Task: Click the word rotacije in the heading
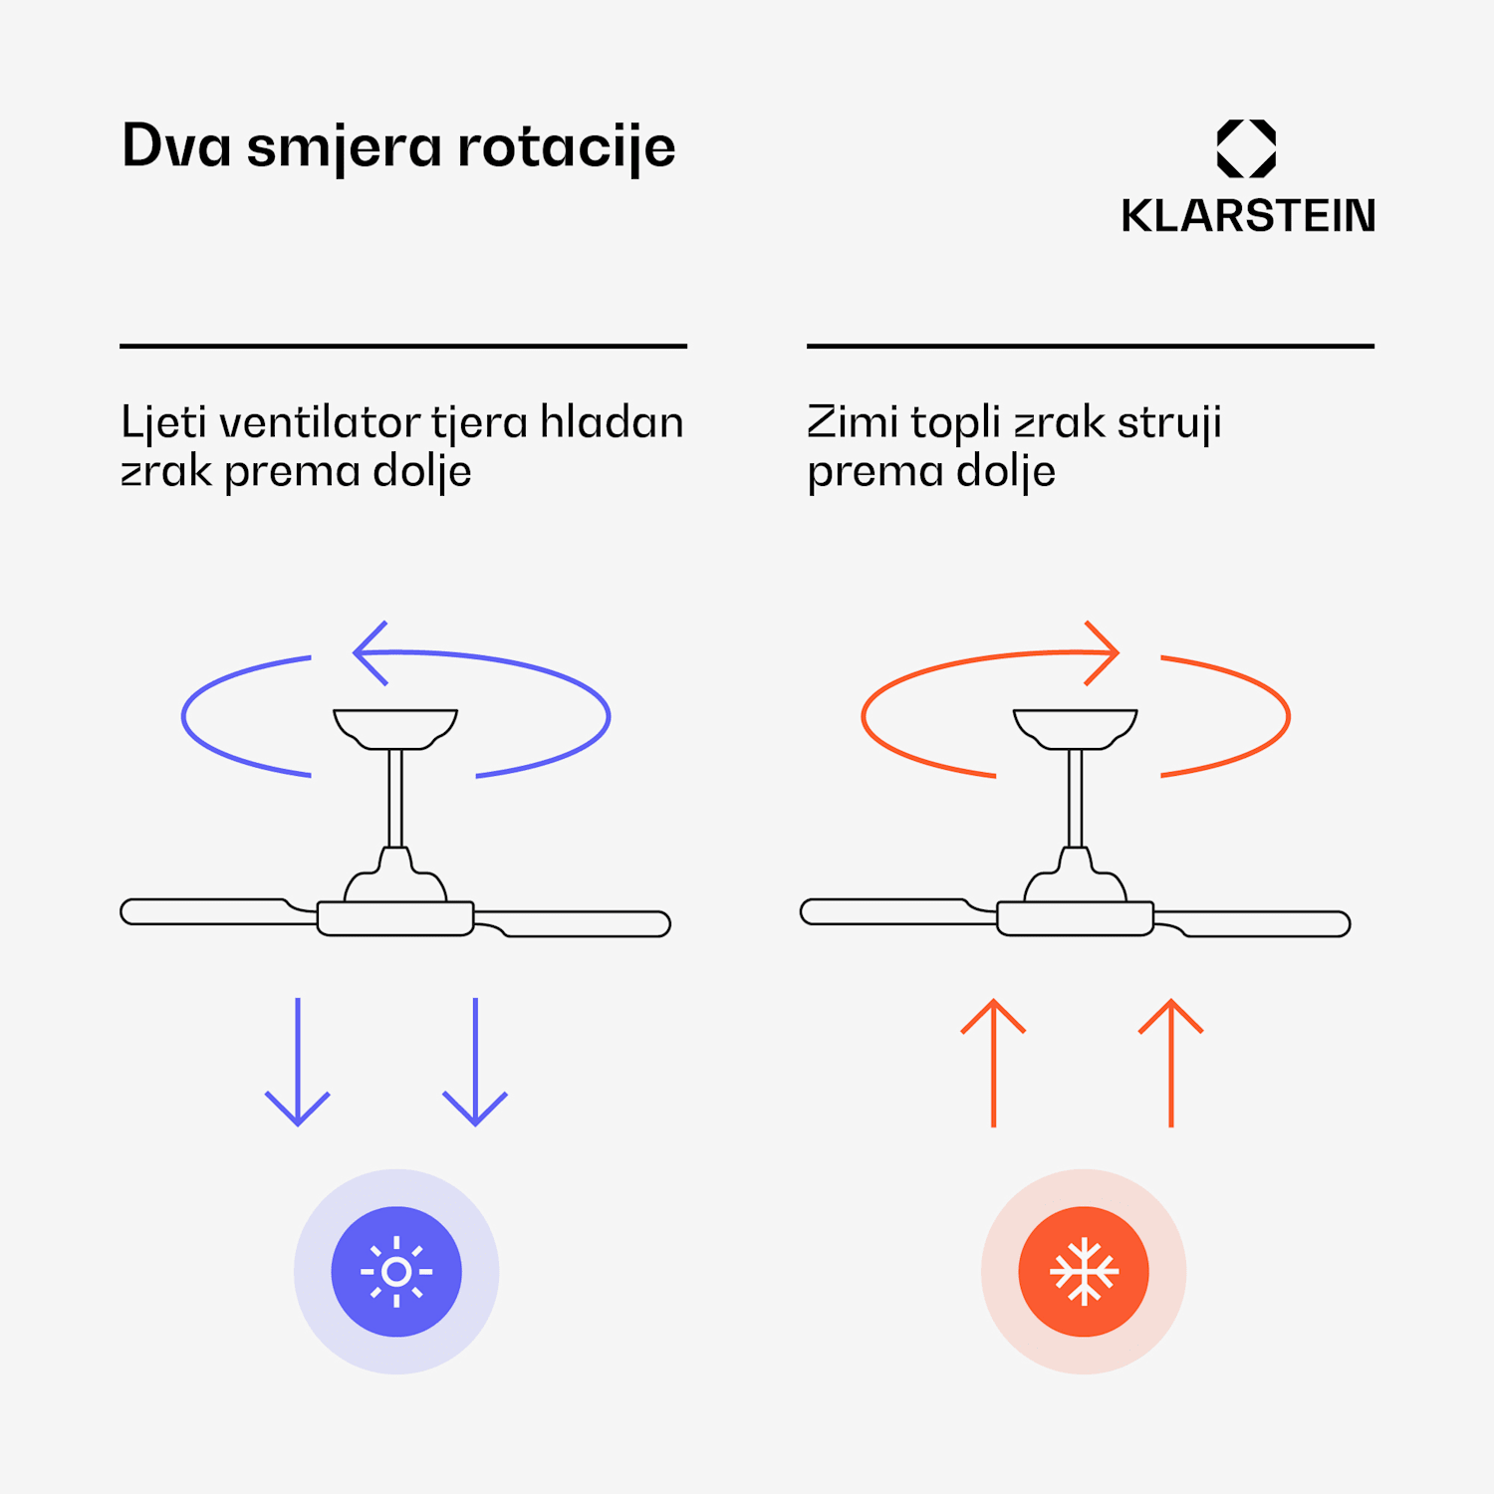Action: click(x=566, y=147)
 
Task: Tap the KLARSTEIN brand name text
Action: click(x=1247, y=216)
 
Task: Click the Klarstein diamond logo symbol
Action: click(x=1246, y=148)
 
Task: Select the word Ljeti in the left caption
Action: click(x=163, y=423)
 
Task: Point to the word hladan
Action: click(x=612, y=422)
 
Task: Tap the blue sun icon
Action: click(x=396, y=1272)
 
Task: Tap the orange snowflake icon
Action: click(x=1084, y=1272)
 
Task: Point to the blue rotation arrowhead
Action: click(x=370, y=653)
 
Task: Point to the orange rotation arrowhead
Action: click(x=1103, y=653)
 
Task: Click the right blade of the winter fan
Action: click(x=1265, y=924)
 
